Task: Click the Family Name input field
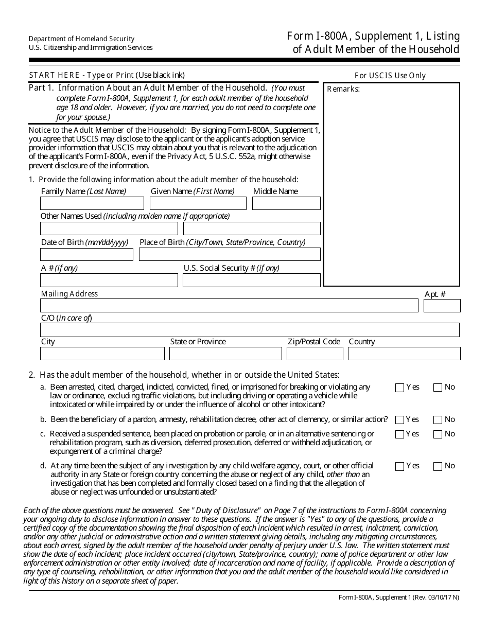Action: (92, 203)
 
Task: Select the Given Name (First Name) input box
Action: (198, 203)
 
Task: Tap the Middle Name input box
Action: (286, 203)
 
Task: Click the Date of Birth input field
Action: (86, 255)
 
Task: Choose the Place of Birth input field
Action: (230, 255)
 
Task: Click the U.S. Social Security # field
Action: (252, 280)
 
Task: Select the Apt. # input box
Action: (442, 306)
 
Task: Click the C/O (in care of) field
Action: (250, 330)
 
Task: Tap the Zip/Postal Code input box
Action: (315, 354)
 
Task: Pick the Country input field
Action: (404, 354)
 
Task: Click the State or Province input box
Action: (225, 354)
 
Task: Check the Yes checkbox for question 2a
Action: (399, 388)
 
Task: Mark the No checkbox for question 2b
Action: (438, 420)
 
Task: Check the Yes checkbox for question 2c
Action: (399, 434)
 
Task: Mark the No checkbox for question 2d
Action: (438, 467)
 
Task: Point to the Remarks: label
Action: (343, 89)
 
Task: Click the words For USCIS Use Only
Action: (390, 76)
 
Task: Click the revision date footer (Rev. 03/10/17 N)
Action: (430, 597)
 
